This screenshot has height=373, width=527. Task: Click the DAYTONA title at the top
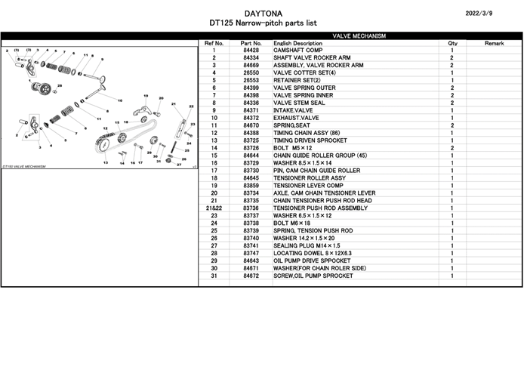263,13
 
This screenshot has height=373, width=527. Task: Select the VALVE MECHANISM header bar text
359,35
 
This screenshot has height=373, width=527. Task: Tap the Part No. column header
251,43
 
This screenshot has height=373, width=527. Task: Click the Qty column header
452,43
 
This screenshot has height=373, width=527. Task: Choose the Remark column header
494,43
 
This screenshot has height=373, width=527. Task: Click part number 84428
251,51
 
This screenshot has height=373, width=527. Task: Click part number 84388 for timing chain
251,133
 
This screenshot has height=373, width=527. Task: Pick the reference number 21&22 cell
214,208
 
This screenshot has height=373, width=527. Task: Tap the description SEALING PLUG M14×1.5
307,245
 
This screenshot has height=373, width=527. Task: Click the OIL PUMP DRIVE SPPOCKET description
313,260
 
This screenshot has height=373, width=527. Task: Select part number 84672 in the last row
251,276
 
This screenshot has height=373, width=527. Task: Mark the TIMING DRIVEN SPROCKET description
310,140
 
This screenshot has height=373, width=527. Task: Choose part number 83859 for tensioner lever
251,185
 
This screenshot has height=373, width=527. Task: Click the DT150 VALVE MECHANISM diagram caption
24,166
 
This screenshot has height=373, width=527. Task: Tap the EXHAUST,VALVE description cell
297,118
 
